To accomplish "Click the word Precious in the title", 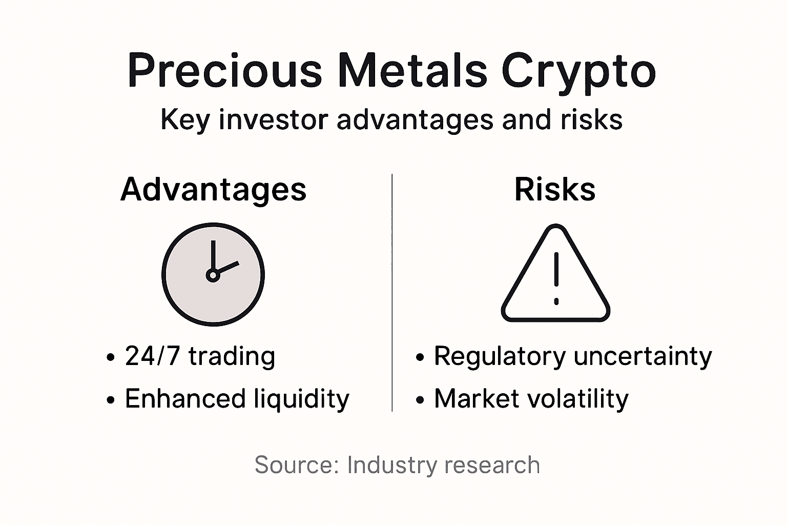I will (x=224, y=70).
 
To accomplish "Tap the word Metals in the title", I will (x=412, y=70).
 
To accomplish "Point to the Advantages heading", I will (x=213, y=190).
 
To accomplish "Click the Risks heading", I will (x=555, y=189).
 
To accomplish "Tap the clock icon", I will (x=213, y=274).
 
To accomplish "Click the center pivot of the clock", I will (x=212, y=276).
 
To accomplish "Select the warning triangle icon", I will (x=555, y=274).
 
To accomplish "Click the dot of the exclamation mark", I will (x=556, y=301).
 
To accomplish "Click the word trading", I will (x=232, y=356).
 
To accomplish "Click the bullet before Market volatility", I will (x=420, y=400).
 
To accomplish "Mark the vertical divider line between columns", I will (x=392, y=292).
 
